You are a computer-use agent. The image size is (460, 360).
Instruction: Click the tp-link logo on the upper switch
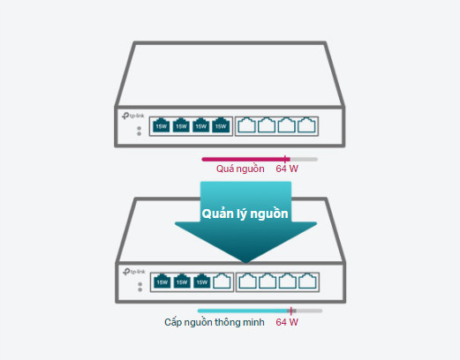(133, 116)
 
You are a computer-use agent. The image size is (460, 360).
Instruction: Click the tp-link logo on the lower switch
(134, 272)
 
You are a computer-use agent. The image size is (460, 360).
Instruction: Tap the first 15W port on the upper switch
(162, 125)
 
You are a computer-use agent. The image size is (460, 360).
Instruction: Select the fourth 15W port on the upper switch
(221, 125)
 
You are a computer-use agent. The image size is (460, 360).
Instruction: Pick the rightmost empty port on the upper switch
(306, 125)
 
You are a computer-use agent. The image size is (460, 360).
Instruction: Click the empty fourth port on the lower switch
(222, 281)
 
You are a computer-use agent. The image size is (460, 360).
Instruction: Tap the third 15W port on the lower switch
(202, 281)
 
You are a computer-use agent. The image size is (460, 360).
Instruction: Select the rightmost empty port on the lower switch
(307, 281)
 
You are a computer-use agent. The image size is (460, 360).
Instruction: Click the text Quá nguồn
(240, 169)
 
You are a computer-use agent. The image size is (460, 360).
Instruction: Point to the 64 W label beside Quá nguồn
(287, 169)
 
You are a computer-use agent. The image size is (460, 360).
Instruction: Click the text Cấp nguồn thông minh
(215, 322)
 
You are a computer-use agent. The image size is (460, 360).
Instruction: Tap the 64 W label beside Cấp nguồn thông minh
(287, 322)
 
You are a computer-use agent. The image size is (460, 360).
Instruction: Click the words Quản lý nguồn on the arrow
(245, 214)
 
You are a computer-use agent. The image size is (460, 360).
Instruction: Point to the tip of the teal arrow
(246, 263)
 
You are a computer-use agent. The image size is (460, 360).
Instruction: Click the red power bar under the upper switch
(245, 160)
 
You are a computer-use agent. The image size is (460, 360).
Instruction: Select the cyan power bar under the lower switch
(244, 311)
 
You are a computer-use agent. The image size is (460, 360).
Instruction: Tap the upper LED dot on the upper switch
(140, 129)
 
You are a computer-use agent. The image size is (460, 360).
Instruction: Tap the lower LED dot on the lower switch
(140, 289)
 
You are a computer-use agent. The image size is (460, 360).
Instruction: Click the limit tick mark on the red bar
(285, 159)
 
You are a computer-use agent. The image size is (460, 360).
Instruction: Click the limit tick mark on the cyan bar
(291, 311)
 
